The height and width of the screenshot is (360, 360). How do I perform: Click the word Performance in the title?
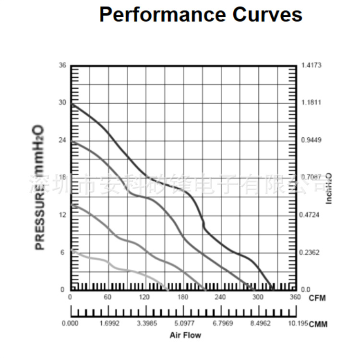click(163, 15)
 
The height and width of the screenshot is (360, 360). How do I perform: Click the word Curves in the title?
click(268, 15)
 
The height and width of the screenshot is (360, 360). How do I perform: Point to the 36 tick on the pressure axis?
click(62, 65)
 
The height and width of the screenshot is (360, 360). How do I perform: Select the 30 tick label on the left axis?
click(62, 102)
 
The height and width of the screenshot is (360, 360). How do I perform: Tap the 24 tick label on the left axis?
click(62, 140)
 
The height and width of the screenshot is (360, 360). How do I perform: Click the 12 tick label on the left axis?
click(62, 215)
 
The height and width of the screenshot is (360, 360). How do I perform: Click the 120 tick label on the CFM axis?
click(145, 297)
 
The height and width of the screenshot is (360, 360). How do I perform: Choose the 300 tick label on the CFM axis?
click(258, 297)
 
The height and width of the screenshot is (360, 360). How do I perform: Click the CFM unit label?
click(317, 298)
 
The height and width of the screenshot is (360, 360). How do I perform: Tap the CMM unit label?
click(318, 324)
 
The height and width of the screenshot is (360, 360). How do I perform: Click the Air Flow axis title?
click(185, 335)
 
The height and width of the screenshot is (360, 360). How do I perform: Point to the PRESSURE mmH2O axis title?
click(39, 187)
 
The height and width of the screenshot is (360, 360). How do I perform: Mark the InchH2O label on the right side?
click(329, 188)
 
